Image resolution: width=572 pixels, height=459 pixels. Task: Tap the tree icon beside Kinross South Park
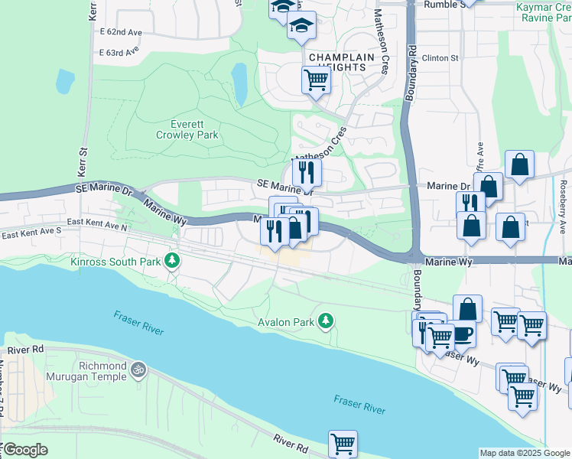point(174,262)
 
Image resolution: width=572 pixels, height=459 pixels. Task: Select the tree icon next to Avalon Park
point(327,321)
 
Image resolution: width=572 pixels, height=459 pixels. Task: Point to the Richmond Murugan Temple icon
point(138,369)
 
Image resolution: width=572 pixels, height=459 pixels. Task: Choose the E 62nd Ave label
point(121,33)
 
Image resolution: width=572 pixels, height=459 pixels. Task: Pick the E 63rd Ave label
point(119,52)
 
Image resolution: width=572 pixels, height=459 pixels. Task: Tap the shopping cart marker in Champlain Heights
point(316,79)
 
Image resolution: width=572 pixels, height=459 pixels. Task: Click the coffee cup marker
point(463,334)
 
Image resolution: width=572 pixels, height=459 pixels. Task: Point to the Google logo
point(25,450)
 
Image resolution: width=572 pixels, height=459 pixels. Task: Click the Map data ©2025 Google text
point(525,453)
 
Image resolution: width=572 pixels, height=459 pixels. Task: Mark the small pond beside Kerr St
point(65,80)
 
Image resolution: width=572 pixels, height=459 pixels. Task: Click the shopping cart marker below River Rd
point(343,444)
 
